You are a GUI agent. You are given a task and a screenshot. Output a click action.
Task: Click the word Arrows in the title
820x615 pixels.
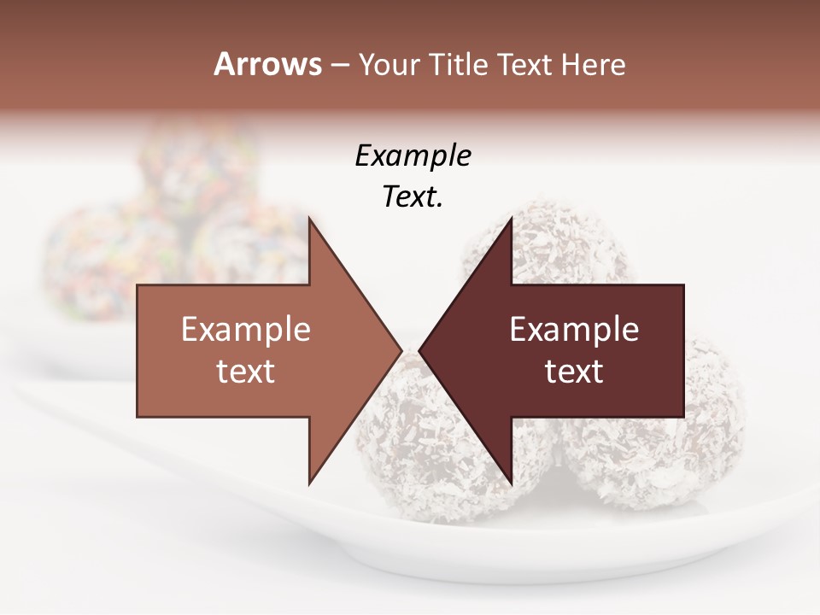tap(268, 64)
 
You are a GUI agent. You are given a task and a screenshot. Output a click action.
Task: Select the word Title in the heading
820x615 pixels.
tap(459, 65)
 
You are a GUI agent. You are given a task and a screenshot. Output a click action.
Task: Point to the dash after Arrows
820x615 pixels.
tap(339, 66)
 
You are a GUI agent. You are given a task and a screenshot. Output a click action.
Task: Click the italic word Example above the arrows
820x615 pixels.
tap(413, 156)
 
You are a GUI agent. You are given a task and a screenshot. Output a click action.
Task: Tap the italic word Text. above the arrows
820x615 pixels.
tap(413, 197)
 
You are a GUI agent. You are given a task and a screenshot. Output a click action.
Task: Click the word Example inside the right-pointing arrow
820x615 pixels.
tap(246, 330)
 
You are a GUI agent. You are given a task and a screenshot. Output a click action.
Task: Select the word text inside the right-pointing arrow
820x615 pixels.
tap(246, 372)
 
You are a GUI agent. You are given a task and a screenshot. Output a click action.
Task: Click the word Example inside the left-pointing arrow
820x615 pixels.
tap(574, 330)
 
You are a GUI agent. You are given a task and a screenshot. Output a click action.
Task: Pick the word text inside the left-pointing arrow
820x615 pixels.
tap(574, 372)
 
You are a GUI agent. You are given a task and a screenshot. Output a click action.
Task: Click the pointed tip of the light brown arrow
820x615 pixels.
tap(401, 351)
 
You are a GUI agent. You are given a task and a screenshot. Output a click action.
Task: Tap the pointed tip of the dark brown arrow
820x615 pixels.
tap(419, 351)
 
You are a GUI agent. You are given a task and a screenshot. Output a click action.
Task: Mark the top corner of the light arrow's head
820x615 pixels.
tap(309, 220)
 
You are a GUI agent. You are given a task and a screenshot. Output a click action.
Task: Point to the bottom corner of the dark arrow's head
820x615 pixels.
tap(511, 483)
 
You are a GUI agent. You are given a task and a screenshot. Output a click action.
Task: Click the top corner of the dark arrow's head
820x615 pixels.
tap(511, 220)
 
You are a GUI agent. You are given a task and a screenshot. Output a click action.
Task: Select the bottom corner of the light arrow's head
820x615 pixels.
tap(309, 483)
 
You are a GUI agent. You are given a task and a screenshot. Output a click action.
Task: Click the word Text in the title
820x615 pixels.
tap(524, 65)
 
